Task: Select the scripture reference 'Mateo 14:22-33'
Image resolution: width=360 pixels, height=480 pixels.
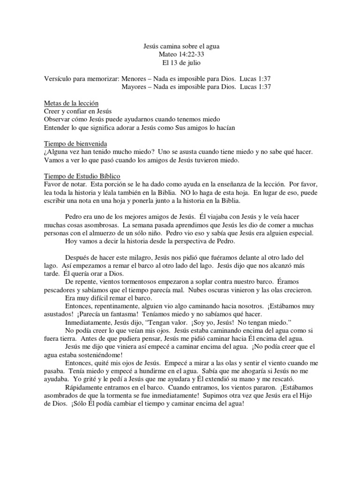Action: click(x=180, y=55)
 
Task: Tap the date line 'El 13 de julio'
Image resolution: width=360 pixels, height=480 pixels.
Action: click(x=180, y=63)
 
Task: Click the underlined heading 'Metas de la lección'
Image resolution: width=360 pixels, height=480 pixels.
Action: click(x=71, y=103)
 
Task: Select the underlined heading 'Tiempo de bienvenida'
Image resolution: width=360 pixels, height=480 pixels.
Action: click(x=74, y=143)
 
